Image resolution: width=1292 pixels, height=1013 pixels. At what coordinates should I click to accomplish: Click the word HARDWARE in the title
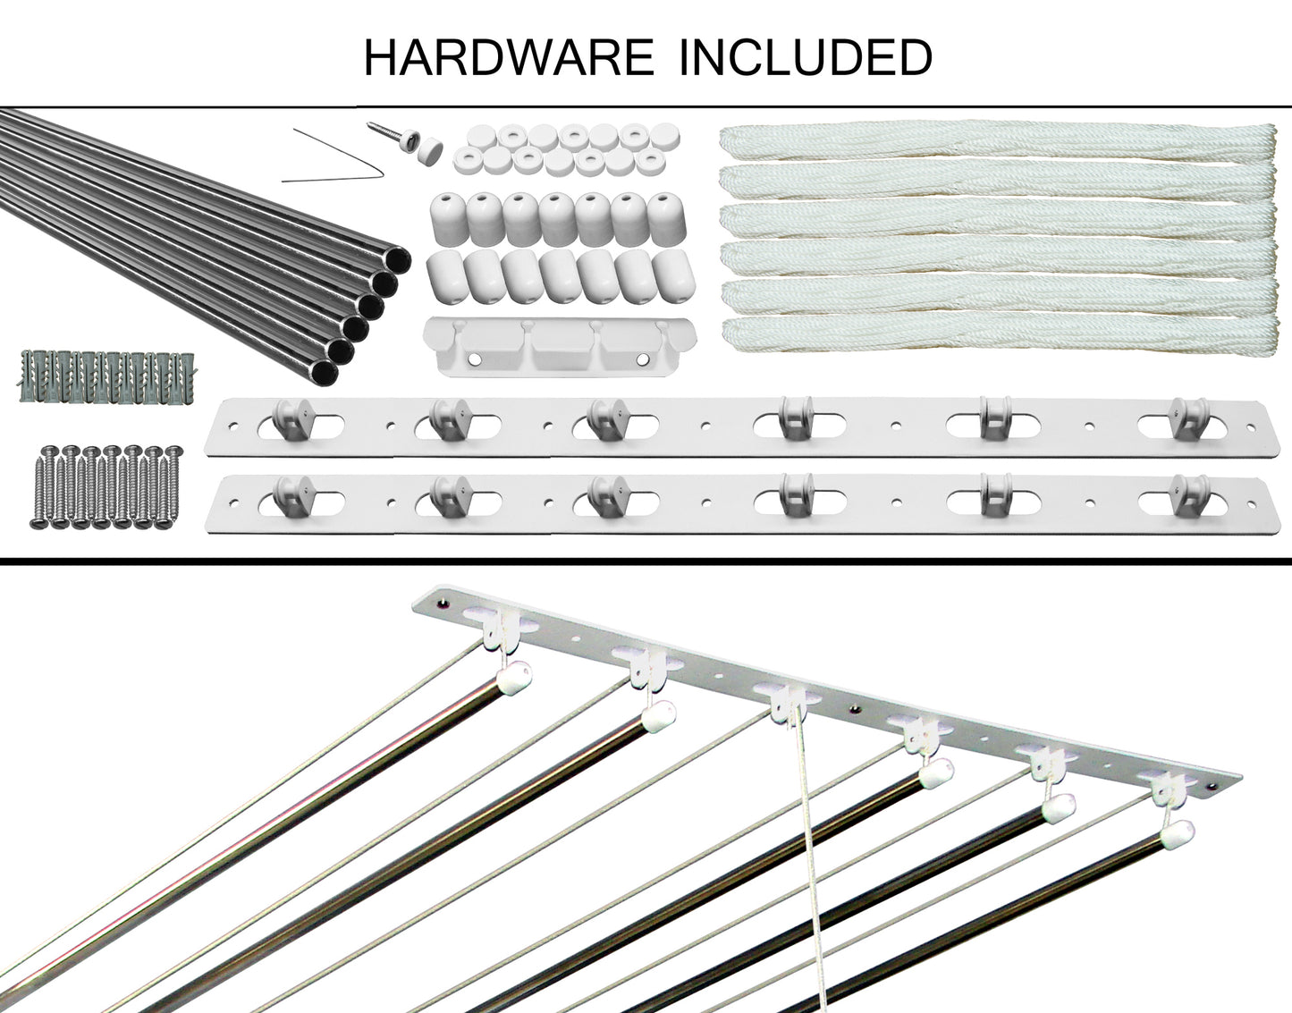pos(509,57)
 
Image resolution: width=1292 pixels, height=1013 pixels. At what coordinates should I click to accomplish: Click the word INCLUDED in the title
pos(805,57)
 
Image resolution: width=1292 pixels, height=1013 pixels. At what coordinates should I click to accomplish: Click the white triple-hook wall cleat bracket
pos(559,347)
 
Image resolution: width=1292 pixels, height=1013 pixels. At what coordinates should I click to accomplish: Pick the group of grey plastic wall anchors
pos(107,376)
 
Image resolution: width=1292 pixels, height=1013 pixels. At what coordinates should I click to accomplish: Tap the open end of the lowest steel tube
pos(325,374)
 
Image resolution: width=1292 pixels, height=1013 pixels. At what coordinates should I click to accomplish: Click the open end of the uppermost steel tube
pos(398,260)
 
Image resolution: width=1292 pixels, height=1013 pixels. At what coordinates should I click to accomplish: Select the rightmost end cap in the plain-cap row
pos(674,274)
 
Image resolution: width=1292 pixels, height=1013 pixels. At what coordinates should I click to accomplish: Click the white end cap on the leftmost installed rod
pos(514,679)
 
